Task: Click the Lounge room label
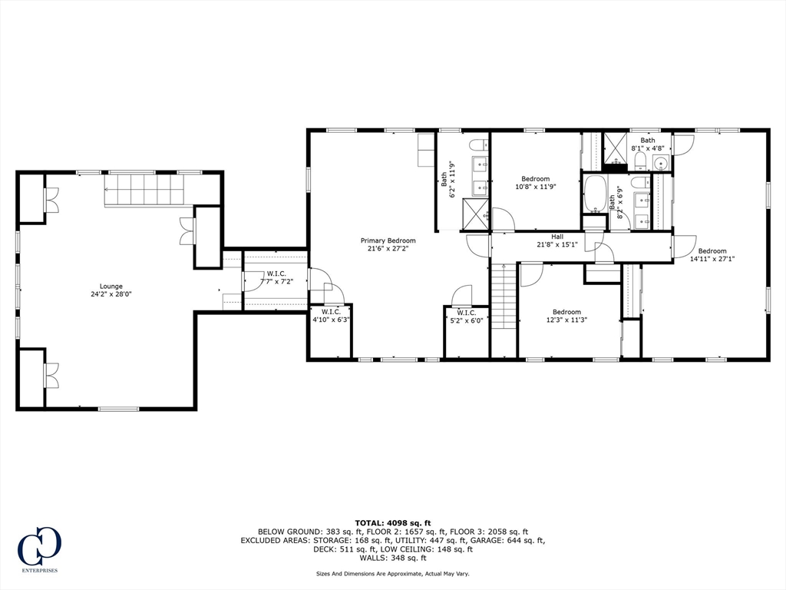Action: [x=111, y=287]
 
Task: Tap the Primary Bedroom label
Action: [x=388, y=240]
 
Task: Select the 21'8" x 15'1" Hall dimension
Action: [x=557, y=245]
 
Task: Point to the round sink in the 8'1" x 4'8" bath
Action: [x=662, y=163]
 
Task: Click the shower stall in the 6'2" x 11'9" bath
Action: [x=475, y=214]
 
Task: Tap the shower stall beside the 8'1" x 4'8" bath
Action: [x=615, y=149]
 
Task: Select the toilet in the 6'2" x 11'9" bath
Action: [x=479, y=145]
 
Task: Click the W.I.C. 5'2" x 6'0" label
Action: [x=466, y=317]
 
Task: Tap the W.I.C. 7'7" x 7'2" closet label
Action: [x=276, y=277]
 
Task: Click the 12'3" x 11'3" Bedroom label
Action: [x=566, y=316]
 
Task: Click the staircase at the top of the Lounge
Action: [x=145, y=191]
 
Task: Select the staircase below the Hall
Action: [x=504, y=296]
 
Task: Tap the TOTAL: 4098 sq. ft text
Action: [x=392, y=522]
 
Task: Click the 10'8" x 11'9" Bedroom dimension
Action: [x=535, y=187]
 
